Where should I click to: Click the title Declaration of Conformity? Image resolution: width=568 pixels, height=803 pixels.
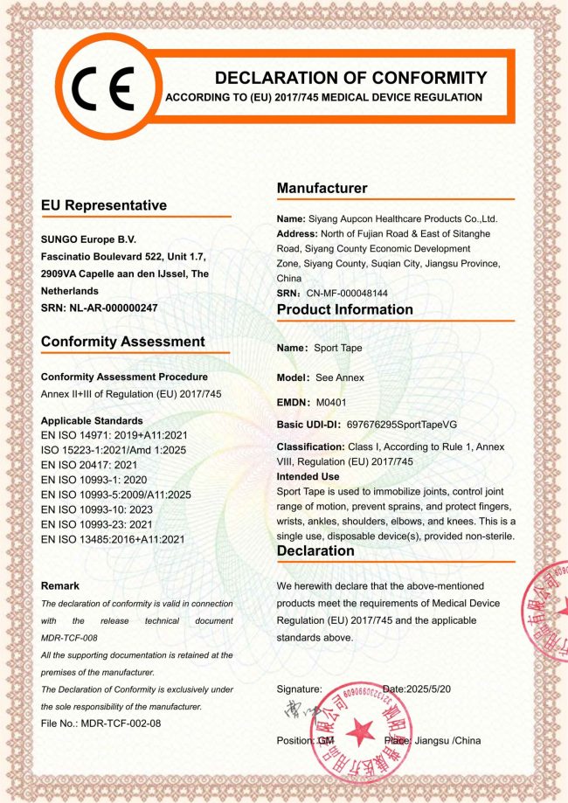350,78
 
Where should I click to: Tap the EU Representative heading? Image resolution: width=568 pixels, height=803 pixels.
103,205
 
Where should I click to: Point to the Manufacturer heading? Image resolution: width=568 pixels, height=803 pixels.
322,188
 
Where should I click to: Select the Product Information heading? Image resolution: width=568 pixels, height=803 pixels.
344,309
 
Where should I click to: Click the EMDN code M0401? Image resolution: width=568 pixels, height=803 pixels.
332,402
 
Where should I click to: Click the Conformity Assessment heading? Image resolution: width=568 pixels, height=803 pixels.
122,342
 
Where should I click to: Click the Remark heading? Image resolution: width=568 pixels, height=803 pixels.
60,585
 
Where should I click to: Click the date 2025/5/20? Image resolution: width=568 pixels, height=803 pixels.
431,689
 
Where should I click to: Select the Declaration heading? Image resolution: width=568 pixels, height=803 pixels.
315,551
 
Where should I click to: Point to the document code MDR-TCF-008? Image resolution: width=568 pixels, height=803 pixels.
71,638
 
